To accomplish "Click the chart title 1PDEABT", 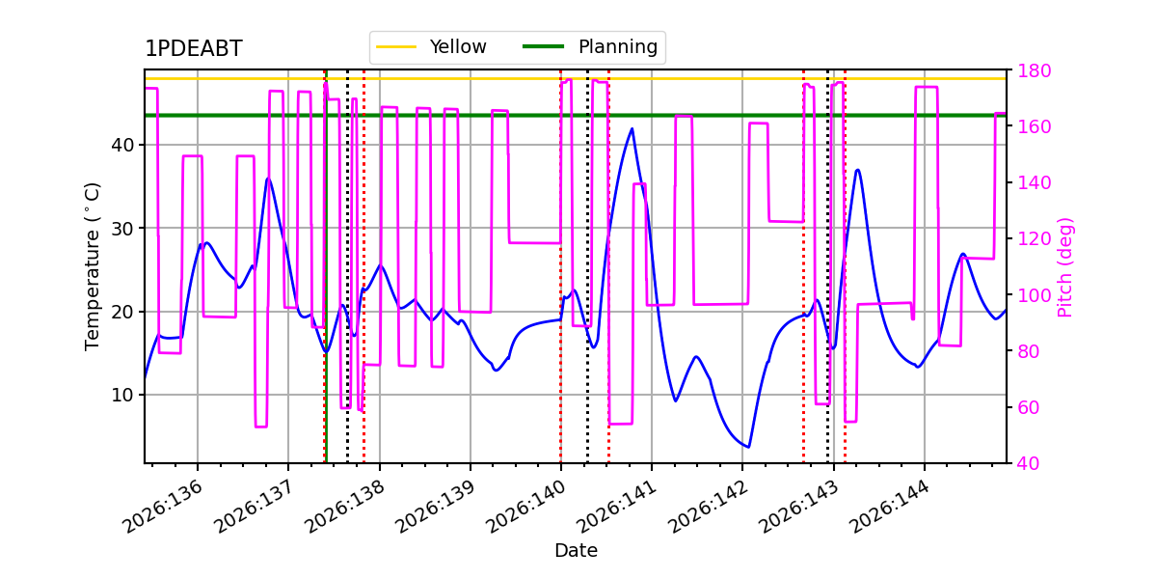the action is (x=193, y=48).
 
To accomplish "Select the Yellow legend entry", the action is (x=431, y=46).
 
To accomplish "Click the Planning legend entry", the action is (x=590, y=46).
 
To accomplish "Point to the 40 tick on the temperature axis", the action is (x=122, y=145).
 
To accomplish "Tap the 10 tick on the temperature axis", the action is (x=122, y=395).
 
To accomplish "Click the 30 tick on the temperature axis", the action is (x=122, y=229).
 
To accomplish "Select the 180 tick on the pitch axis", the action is (x=1034, y=70).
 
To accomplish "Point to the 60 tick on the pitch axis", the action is (x=1029, y=407).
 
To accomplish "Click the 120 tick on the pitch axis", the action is (x=1034, y=239).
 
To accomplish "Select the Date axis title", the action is (x=576, y=551).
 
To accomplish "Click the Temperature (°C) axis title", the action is (x=92, y=266).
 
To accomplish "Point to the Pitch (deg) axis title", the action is (x=1065, y=266).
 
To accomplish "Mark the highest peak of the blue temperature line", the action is (x=632, y=128).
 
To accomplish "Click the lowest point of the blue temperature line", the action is (x=748, y=447).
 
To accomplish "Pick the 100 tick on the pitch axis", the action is (x=1034, y=295).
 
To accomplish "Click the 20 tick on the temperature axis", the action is (x=122, y=312).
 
